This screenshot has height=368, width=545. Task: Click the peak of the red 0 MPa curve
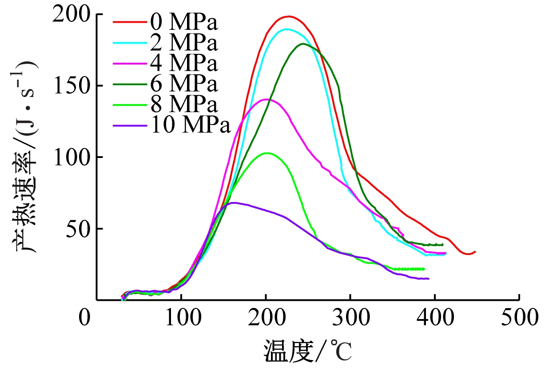click(x=289, y=16)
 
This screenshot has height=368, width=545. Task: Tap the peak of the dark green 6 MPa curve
click(x=303, y=44)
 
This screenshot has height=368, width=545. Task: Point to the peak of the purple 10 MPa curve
click(x=234, y=203)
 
